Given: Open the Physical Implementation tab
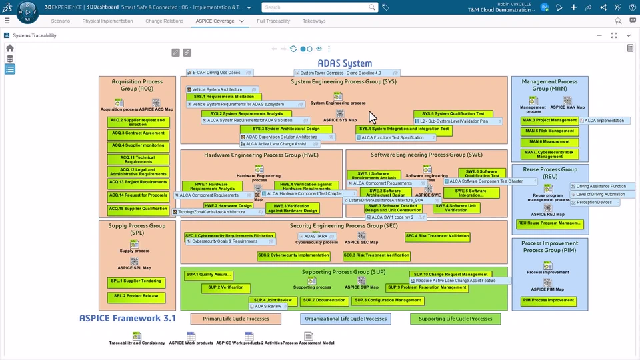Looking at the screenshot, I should coord(107,21).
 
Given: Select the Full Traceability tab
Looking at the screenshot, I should coord(273,21).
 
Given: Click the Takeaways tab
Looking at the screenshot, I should coord(314,21).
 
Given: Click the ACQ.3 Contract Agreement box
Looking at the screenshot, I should coord(138,133).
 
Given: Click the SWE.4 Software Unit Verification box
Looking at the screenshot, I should coord(456,208).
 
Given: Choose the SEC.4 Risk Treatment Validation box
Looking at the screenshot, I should coord(437,236).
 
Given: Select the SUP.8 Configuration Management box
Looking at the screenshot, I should coord(387,301).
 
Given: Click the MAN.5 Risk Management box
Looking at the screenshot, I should coord(549,131).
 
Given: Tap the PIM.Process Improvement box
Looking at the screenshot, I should coord(549,301).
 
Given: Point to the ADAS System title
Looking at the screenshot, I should coord(345,63).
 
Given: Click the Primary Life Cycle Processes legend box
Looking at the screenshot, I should coord(236,319).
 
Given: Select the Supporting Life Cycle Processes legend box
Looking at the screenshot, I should coord(455,319).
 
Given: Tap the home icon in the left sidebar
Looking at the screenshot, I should coord(9,48).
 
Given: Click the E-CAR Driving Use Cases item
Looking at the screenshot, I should coord(219,73).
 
